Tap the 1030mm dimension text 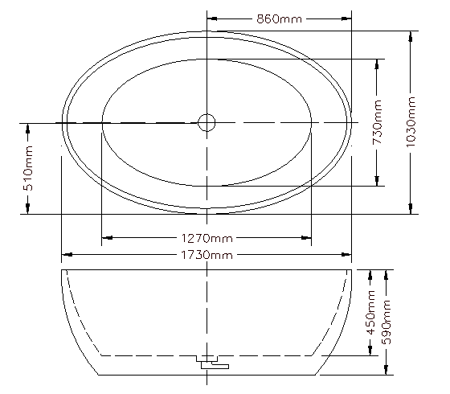(411, 122)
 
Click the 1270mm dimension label (207, 238)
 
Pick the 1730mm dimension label (207, 255)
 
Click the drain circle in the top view (207, 122)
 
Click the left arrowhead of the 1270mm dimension (107, 238)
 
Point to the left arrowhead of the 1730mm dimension (67, 255)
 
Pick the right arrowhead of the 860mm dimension (346, 18)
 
